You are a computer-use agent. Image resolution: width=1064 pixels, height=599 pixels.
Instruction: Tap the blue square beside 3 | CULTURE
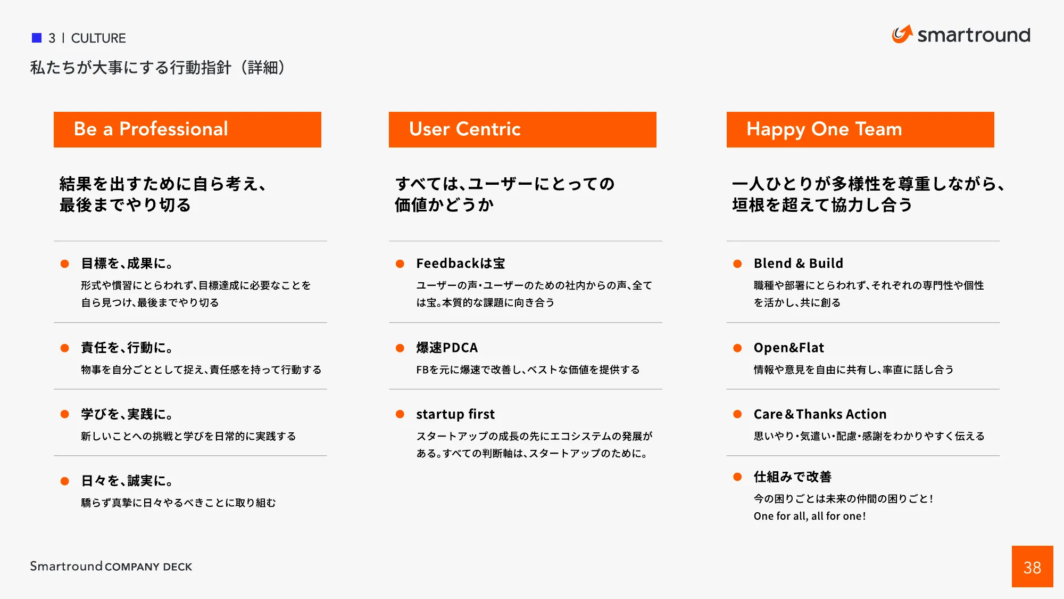[x=37, y=38]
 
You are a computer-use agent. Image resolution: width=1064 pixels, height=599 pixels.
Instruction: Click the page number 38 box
[x=1032, y=567]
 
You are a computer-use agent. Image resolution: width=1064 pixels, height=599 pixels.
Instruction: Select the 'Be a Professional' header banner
[x=187, y=129]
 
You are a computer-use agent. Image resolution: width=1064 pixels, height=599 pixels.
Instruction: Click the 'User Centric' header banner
[x=522, y=129]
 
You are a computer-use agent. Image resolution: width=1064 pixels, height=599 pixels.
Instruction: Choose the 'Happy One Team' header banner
[x=860, y=129]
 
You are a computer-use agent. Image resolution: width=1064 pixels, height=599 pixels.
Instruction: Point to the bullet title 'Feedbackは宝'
[x=460, y=264]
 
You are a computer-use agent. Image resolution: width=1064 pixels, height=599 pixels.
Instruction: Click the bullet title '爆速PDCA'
[x=447, y=348]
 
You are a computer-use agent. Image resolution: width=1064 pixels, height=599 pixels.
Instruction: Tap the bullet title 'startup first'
[x=455, y=414]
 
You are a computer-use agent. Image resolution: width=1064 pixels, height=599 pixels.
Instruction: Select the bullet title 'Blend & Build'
[x=798, y=264]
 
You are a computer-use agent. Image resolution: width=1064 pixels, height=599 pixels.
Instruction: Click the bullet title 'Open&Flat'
[x=788, y=348]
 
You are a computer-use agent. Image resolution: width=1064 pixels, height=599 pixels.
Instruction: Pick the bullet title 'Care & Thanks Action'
[x=820, y=414]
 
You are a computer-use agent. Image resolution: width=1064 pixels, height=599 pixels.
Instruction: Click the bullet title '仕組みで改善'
[x=792, y=477]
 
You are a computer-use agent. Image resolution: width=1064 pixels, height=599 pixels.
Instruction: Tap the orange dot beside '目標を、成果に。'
[x=65, y=264]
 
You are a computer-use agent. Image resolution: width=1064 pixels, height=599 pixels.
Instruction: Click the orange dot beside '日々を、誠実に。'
[x=65, y=481]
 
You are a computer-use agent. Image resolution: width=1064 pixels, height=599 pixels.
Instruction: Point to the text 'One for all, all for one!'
[x=809, y=516]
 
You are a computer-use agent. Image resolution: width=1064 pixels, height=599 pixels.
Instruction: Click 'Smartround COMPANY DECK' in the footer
[x=111, y=567]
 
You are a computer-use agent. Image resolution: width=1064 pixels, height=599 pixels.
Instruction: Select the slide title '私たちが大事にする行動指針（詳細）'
[x=157, y=68]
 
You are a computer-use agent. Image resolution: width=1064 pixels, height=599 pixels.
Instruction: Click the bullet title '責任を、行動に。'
[x=127, y=348]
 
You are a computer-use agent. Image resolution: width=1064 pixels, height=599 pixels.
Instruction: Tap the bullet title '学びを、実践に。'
[x=127, y=414]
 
